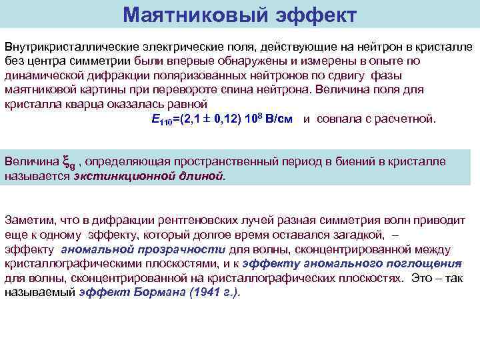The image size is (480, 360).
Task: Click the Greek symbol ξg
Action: point(69,162)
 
